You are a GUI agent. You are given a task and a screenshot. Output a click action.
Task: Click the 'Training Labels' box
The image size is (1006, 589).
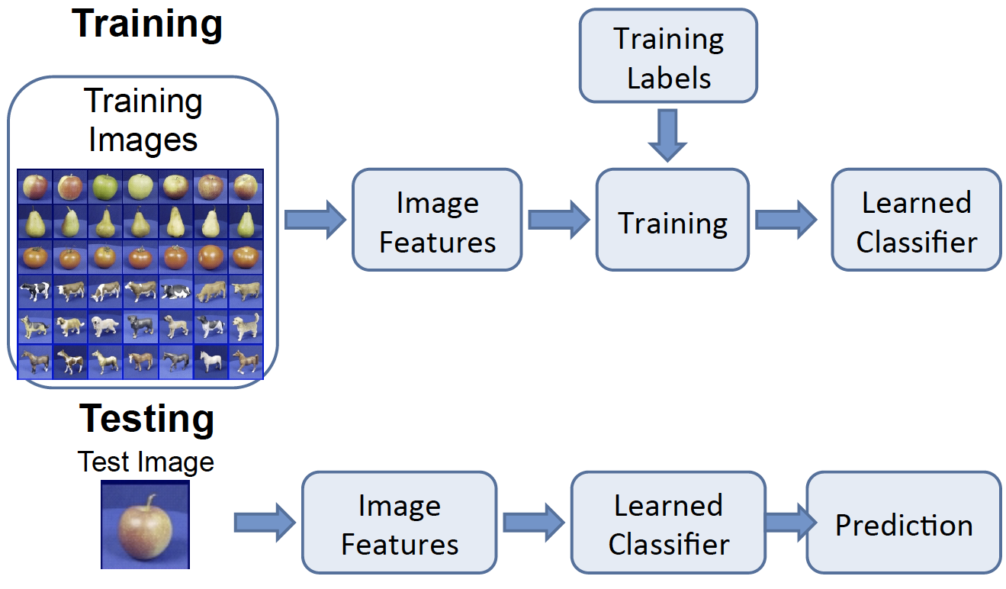coord(668,56)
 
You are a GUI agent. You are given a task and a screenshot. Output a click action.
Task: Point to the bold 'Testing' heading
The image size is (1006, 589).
coord(147,419)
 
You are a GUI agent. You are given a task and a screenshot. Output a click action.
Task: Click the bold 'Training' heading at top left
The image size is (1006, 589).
coord(147,24)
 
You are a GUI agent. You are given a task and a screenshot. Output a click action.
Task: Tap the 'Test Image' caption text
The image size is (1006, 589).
coord(146,462)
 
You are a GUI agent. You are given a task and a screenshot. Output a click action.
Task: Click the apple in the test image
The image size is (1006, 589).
coord(144,531)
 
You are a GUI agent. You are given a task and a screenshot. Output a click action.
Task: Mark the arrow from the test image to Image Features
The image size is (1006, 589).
coord(264,523)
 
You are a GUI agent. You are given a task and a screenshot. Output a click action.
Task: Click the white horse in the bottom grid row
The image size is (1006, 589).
coord(210,361)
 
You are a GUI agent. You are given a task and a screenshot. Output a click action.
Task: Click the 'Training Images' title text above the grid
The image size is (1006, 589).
coord(143,121)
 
